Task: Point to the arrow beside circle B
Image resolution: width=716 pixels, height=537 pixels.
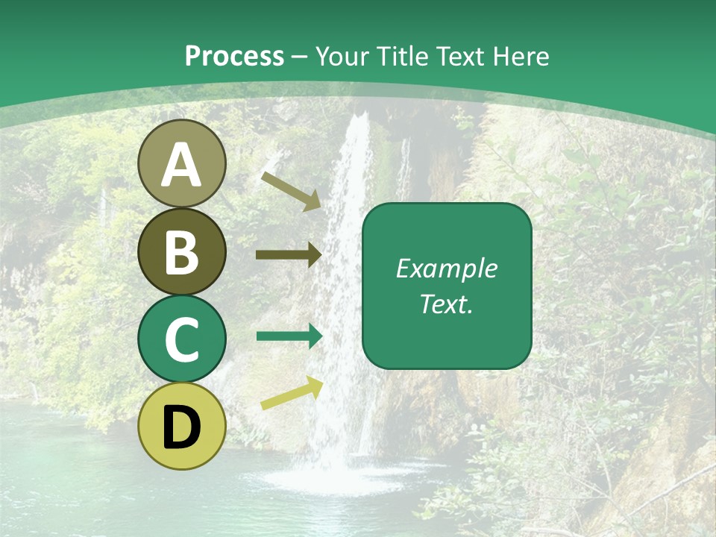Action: click(x=289, y=255)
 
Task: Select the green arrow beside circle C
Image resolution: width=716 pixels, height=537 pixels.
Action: click(x=289, y=336)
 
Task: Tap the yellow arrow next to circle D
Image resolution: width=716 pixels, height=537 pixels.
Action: click(x=292, y=394)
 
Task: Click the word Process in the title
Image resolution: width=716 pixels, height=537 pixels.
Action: click(x=234, y=57)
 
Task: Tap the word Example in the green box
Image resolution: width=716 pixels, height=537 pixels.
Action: click(x=447, y=269)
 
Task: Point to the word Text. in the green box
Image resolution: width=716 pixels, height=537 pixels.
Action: click(x=447, y=304)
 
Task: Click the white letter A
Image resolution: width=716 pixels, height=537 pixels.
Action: click(x=182, y=166)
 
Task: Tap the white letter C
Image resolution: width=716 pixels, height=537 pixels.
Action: click(x=182, y=340)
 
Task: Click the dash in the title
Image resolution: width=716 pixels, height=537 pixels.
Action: click(x=300, y=57)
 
